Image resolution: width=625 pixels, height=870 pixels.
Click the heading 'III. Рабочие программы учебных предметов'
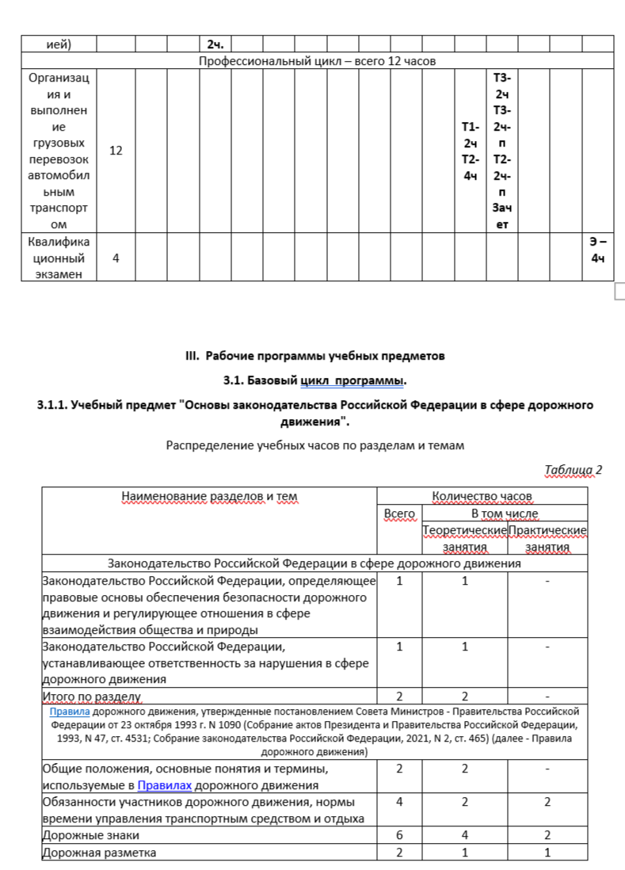pos(315,356)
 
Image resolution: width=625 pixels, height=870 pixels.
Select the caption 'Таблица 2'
pos(574,470)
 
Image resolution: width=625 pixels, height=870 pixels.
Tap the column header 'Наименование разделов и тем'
pos(210,497)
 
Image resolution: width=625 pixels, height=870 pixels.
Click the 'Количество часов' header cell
pos(482,497)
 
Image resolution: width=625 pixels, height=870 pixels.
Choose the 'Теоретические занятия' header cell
pos(464,538)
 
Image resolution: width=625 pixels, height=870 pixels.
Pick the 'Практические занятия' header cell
pos(547,538)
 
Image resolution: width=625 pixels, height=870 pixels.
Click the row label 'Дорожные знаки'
pos(86,835)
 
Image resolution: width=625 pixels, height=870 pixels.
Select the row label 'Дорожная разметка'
pos(99,853)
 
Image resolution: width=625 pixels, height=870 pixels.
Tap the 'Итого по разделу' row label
pos(91,696)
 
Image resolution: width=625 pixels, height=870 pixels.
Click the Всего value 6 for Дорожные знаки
pos(399,835)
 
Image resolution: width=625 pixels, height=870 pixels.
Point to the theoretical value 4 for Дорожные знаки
pos(464,835)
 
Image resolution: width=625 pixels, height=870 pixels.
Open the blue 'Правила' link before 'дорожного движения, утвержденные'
pos(65,712)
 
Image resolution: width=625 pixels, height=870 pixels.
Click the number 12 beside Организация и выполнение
pos(116,151)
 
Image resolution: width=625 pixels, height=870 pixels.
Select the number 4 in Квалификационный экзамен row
pos(116,258)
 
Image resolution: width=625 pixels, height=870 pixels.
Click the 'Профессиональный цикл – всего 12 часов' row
pos(316,61)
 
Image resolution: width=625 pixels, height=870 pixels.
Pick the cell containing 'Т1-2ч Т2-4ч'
pos(470,151)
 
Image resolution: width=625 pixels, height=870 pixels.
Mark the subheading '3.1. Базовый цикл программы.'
pos(315,381)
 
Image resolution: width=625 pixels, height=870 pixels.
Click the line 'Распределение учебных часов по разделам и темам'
pos(314,445)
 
